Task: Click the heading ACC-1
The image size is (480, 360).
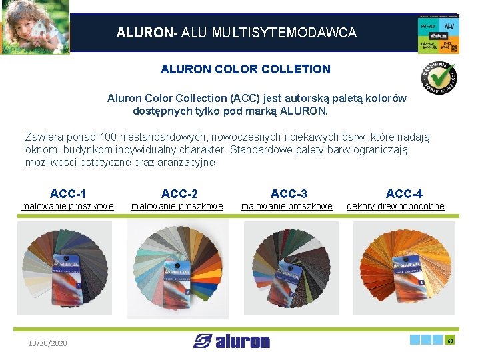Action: (67, 194)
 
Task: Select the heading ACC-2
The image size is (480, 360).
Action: (179, 194)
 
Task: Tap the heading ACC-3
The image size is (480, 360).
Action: (289, 194)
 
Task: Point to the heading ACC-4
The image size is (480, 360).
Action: (403, 194)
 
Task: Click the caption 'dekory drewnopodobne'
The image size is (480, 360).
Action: (395, 207)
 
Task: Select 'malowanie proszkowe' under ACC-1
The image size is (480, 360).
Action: (67, 207)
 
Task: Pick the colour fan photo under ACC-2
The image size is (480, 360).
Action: (177, 268)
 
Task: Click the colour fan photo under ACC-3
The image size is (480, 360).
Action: (291, 268)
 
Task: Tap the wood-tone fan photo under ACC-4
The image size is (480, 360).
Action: (404, 268)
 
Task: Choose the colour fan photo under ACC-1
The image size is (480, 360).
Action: (65, 268)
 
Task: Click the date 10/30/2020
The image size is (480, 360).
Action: (47, 343)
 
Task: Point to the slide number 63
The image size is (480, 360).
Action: (450, 341)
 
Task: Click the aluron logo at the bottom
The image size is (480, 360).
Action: (231, 341)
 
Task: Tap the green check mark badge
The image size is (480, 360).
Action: (438, 77)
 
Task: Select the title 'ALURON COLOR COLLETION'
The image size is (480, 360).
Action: (245, 69)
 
